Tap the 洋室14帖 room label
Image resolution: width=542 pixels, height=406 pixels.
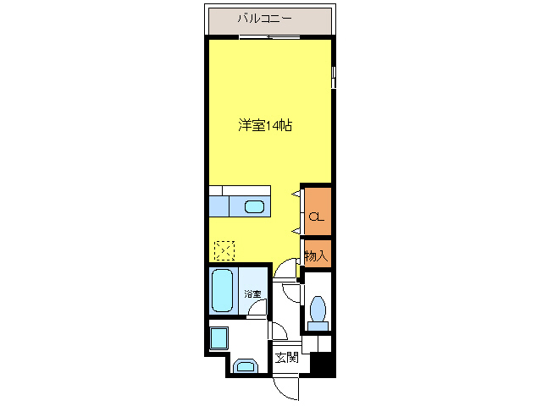tap(264, 125)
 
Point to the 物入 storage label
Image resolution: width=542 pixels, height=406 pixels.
tap(316, 255)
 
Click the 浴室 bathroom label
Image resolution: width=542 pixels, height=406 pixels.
tap(252, 294)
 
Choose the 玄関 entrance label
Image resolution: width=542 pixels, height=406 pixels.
tap(286, 358)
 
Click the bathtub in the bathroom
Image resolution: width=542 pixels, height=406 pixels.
tap(223, 289)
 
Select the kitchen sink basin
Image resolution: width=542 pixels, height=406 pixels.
tap(255, 206)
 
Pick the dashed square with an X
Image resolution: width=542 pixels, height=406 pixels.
tap(224, 250)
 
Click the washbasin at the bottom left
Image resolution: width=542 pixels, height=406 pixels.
tap(246, 365)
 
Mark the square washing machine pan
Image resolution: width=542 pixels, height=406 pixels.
tap(218, 338)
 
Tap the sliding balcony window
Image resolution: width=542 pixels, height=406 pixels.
tap(268, 38)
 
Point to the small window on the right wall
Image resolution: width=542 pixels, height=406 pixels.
tap(334, 78)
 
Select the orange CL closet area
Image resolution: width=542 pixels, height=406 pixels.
tap(316, 208)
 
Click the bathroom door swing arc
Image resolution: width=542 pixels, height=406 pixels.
tap(257, 309)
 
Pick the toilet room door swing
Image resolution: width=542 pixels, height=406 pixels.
tap(292, 294)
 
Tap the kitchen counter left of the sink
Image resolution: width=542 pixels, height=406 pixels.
tap(218, 206)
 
